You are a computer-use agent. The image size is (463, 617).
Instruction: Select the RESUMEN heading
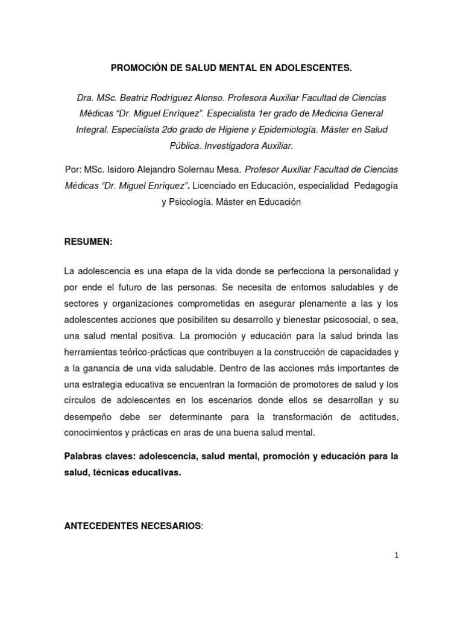click(88, 242)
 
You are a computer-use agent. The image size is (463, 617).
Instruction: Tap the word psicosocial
click(346, 319)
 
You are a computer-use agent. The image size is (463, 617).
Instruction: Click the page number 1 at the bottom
click(396, 556)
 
